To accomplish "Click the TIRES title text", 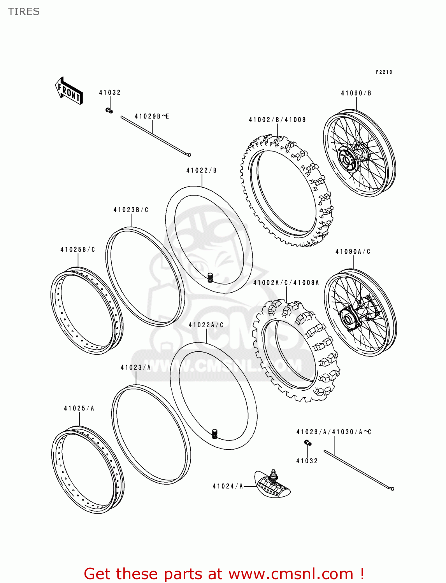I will coord(24,12).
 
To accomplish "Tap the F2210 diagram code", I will coord(384,72).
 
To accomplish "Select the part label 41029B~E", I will coord(152,116).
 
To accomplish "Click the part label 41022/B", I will coord(202,170).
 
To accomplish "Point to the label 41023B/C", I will coord(131,210).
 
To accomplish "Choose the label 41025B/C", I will coord(77,250).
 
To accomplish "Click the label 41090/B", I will coord(356,93).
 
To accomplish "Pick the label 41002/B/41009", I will coord(277,120).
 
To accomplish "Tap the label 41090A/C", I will coord(353,252).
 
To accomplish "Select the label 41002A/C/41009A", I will coord(286,283).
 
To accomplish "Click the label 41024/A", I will coord(228,486).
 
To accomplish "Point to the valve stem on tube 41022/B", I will coord(210,278).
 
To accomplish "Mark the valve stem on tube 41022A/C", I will coord(214,434).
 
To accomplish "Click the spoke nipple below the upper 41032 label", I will coord(109,111).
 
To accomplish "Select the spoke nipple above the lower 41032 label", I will coord(307,443).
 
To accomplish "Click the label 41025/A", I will coord(79,408).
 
